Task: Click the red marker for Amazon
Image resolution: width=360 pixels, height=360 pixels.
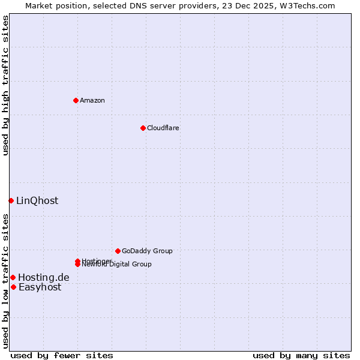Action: tap(76, 100)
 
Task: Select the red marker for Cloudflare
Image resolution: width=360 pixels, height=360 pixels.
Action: tap(143, 128)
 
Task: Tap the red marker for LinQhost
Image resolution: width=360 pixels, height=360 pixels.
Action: tap(11, 200)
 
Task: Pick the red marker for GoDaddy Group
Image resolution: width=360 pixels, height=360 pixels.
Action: tap(118, 251)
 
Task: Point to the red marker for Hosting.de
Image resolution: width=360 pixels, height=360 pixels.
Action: tap(13, 277)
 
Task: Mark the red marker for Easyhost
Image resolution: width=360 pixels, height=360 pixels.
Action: tap(13, 287)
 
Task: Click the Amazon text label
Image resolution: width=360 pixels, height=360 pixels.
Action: tap(92, 100)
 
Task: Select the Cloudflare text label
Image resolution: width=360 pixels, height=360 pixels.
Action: tap(163, 128)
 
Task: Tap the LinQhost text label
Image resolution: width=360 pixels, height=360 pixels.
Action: tap(37, 200)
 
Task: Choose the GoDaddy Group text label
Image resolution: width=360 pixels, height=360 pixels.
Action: tap(147, 251)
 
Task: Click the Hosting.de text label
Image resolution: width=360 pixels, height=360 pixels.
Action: tap(44, 277)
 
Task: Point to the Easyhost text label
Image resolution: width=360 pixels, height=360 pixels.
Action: tap(40, 287)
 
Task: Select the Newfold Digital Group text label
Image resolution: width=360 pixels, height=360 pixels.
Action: tap(118, 265)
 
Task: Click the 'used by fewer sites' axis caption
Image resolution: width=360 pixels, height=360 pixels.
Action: tap(62, 355)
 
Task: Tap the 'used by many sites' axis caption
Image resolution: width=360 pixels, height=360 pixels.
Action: tap(301, 355)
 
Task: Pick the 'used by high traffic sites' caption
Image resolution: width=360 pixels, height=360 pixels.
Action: tap(5, 85)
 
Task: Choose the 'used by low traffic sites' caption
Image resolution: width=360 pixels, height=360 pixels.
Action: tap(5, 281)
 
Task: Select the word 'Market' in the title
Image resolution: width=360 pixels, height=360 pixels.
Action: tap(39, 5)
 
